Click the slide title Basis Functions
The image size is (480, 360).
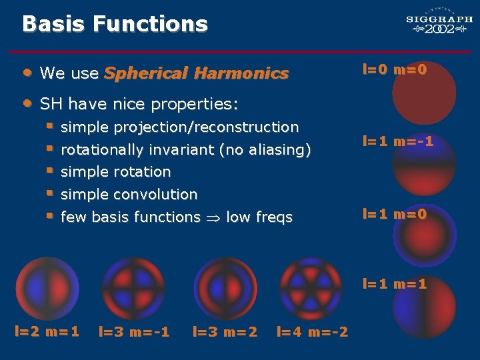click(115, 24)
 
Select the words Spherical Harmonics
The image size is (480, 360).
click(196, 73)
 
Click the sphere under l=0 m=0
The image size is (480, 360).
click(424, 94)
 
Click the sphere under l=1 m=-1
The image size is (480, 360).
click(424, 167)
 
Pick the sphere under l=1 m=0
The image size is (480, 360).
click(424, 239)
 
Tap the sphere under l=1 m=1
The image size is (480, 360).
click(424, 310)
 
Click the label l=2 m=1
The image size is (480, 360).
click(47, 331)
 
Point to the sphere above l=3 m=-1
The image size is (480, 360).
click(133, 287)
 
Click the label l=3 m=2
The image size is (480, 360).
click(225, 331)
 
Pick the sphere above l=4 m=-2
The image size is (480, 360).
click(310, 287)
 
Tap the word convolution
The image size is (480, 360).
click(155, 195)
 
